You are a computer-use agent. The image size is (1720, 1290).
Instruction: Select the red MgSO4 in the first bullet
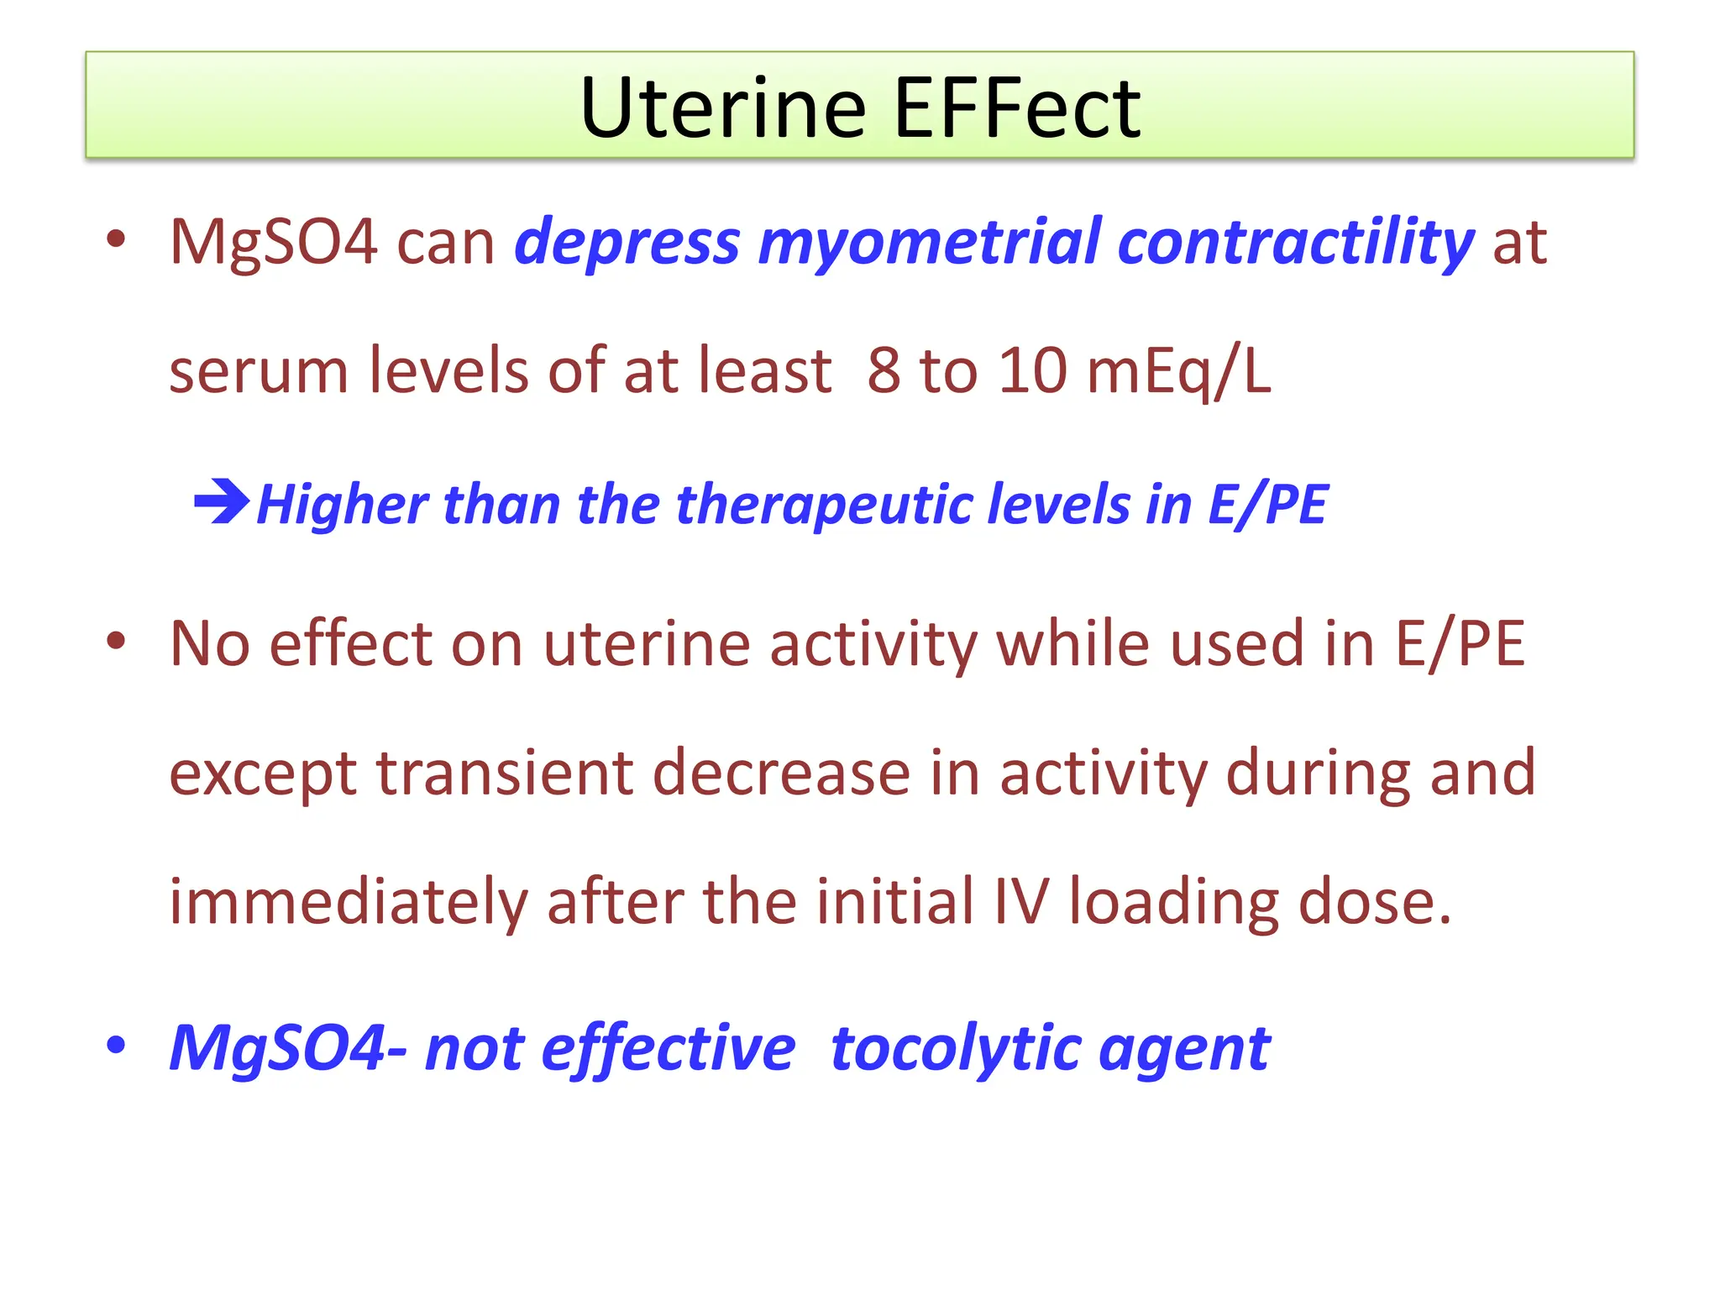[273, 243]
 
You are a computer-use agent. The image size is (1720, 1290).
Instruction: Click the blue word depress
[627, 243]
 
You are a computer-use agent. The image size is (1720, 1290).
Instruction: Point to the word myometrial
[929, 243]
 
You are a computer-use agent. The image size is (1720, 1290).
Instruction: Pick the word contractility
[1295, 243]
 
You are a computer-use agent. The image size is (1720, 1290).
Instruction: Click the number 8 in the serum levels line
[884, 370]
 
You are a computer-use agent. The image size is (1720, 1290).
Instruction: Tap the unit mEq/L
[1178, 370]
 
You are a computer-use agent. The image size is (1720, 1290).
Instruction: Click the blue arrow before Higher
[221, 503]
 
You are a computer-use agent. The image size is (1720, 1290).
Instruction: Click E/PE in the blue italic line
[1267, 505]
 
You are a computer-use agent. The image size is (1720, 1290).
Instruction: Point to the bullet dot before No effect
[116, 642]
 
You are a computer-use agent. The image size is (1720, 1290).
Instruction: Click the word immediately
[349, 902]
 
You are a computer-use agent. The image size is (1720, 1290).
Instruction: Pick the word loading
[1174, 902]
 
